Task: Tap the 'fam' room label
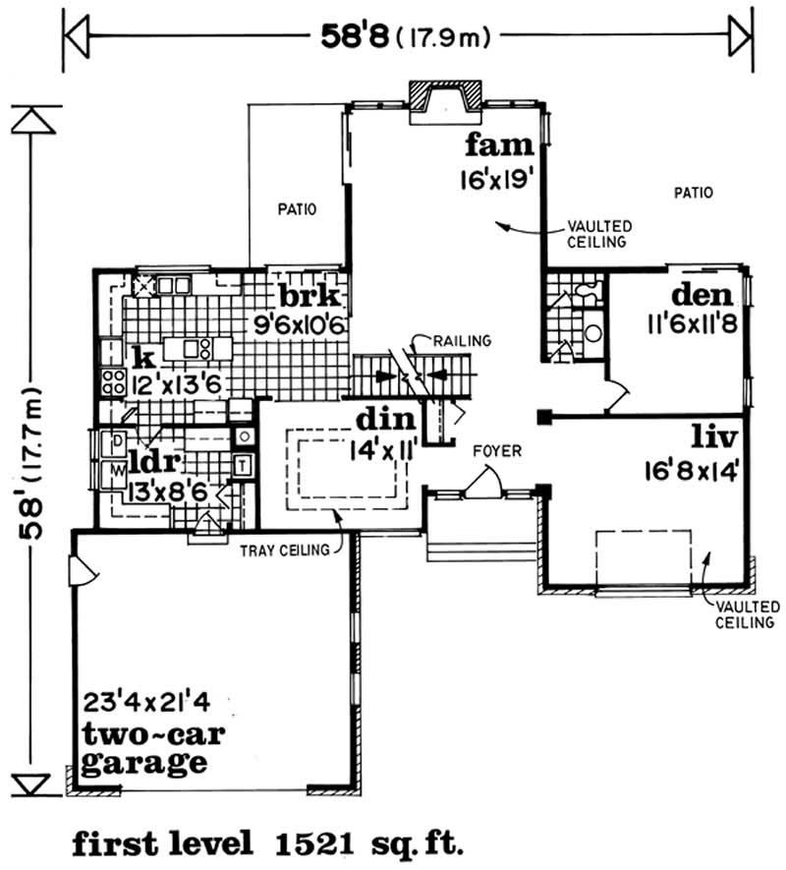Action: click(x=499, y=146)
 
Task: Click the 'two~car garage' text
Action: click(x=145, y=748)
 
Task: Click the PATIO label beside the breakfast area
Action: click(x=295, y=208)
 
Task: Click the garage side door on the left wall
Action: click(x=78, y=570)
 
